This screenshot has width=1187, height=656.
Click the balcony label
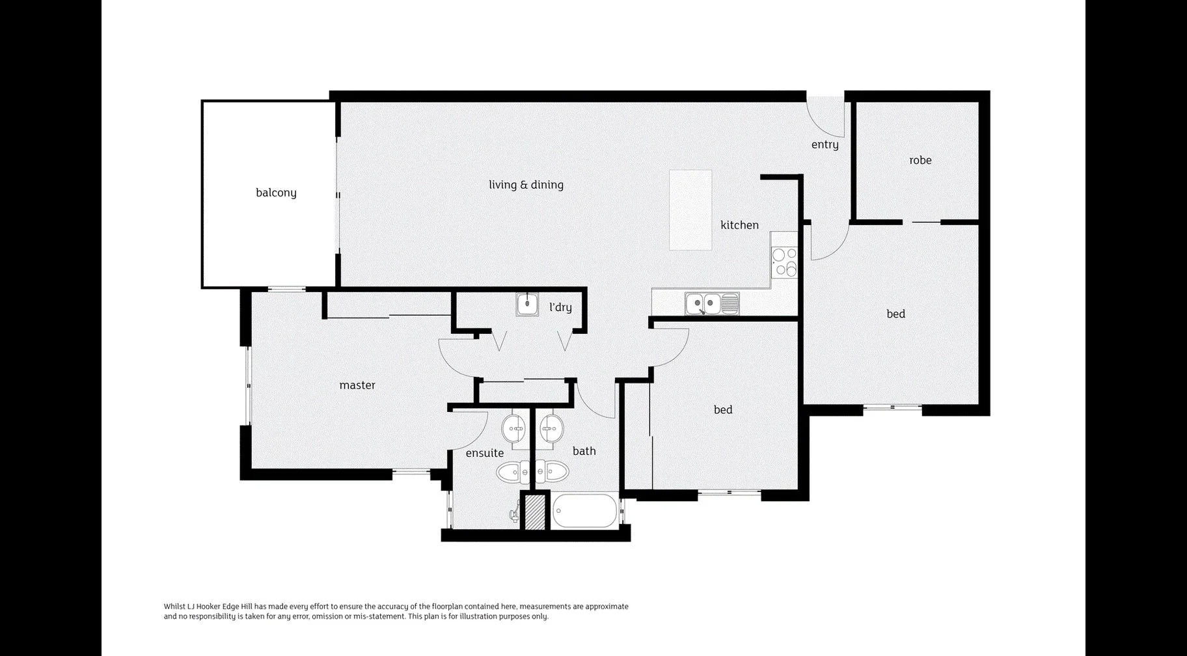(x=276, y=193)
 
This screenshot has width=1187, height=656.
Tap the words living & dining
(x=526, y=185)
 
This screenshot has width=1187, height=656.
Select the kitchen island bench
(x=690, y=210)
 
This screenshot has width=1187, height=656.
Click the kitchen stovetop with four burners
(x=784, y=262)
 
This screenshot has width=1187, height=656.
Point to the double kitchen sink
(x=703, y=303)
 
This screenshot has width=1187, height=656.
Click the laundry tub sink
(x=527, y=304)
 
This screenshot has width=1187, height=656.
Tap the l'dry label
(x=560, y=307)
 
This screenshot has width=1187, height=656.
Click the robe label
(x=920, y=160)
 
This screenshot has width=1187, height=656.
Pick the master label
(x=357, y=385)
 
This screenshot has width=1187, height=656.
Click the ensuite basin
(x=514, y=428)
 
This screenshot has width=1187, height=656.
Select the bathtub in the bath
(x=584, y=512)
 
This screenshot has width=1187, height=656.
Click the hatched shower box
(x=534, y=512)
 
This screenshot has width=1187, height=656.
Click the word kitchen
(x=739, y=225)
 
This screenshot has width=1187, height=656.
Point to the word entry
(x=825, y=144)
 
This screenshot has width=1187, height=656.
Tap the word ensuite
(x=485, y=453)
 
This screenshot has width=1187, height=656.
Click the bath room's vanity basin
(x=552, y=428)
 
